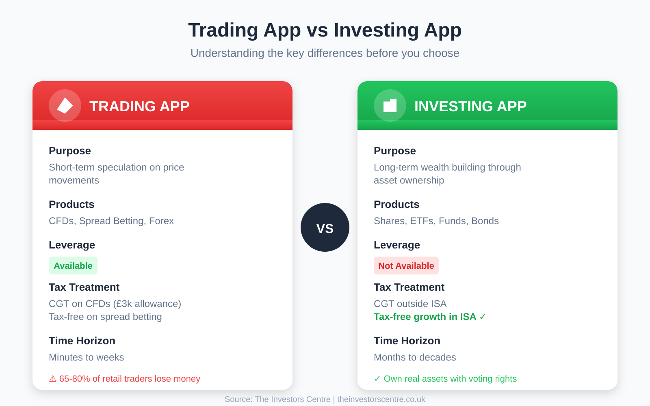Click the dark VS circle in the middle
(x=325, y=227)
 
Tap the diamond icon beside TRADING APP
(x=65, y=106)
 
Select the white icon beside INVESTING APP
(x=390, y=106)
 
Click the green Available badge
(x=73, y=266)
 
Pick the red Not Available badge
(x=406, y=266)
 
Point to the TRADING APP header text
(x=139, y=106)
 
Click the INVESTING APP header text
(x=470, y=106)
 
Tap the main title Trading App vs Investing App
(x=325, y=30)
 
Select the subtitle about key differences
(x=325, y=53)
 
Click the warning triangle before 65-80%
(x=53, y=379)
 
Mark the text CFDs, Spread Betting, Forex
(x=111, y=221)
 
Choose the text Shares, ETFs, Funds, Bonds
(x=436, y=221)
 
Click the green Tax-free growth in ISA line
(x=429, y=317)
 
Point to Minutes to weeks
(x=86, y=357)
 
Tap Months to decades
(x=415, y=357)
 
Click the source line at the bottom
(x=325, y=399)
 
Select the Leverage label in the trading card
(x=72, y=245)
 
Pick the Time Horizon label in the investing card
(x=407, y=341)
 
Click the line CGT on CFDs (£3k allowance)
(x=115, y=304)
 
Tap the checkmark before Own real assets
(x=377, y=379)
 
